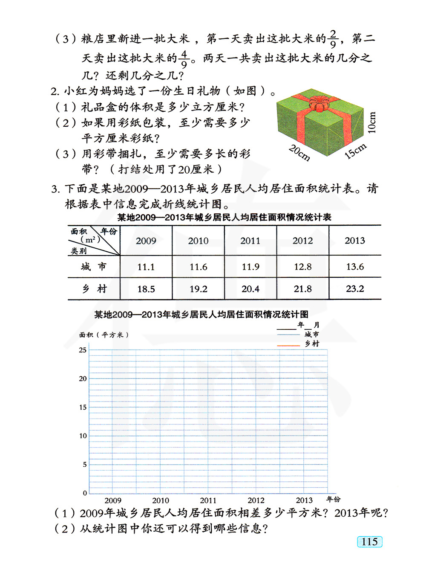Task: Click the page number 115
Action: tap(370, 541)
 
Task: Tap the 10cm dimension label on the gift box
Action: tap(372, 123)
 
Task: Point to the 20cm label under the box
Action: tap(299, 153)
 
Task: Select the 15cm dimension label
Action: tap(355, 151)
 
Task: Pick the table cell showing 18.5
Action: tap(146, 289)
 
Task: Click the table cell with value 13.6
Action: tap(355, 267)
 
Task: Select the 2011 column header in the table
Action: tap(250, 241)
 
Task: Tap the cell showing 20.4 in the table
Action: tap(250, 289)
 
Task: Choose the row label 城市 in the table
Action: tap(94, 267)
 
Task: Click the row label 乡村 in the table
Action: tap(94, 289)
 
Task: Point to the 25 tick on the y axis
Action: tap(83, 350)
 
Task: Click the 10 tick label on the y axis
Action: tap(83, 436)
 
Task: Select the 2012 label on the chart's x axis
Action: tap(256, 500)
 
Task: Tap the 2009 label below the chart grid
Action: tap(113, 500)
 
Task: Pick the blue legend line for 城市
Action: tap(288, 334)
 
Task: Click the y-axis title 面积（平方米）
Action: tap(104, 335)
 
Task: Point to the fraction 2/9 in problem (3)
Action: tap(333, 39)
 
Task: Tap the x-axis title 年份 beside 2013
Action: tap(334, 499)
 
